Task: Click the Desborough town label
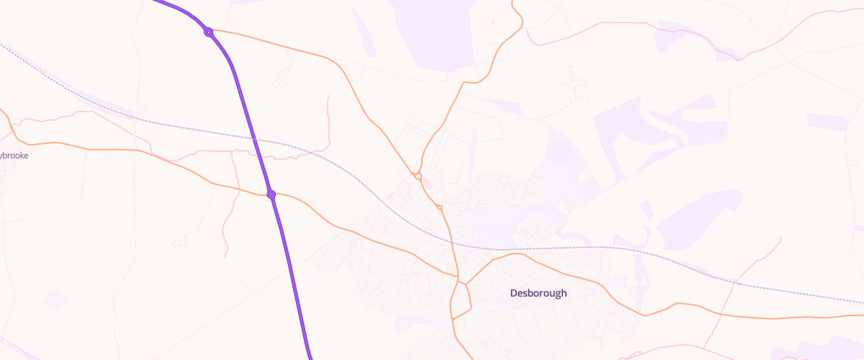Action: tap(539, 293)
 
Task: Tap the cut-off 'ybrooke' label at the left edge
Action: tap(14, 155)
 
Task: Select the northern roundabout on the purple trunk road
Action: tap(208, 32)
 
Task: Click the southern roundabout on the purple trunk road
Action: tap(271, 194)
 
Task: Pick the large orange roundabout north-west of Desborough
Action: tap(418, 176)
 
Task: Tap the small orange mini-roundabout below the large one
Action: tap(439, 207)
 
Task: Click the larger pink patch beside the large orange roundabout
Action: tap(427, 184)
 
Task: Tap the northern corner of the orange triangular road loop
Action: tap(465, 285)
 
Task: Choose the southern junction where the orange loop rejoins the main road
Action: tap(453, 318)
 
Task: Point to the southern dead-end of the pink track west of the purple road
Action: tap(225, 257)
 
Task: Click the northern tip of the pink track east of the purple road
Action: tap(328, 96)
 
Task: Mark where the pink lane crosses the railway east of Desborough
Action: tap(735, 283)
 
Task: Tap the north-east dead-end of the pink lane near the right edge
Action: tap(781, 238)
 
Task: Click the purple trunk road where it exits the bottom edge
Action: tap(310, 358)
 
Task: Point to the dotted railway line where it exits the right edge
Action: tap(862, 303)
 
